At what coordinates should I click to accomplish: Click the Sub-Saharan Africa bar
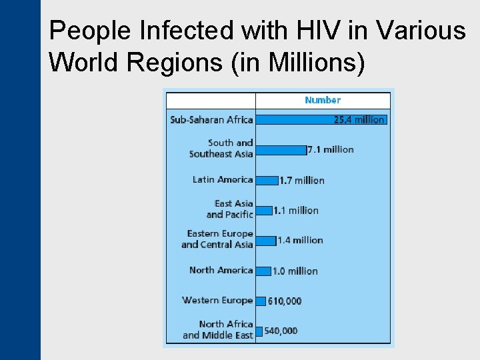293,119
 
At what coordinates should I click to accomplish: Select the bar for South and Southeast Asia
281,149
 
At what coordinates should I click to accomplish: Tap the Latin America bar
267,180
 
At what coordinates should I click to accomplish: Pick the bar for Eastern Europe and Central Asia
265,240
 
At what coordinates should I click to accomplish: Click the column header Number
323,100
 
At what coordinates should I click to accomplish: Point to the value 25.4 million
359,119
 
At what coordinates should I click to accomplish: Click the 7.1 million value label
331,149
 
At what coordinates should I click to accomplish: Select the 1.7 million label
302,180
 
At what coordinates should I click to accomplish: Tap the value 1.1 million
296,210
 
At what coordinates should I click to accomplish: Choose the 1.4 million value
300,240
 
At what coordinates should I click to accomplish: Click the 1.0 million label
295,271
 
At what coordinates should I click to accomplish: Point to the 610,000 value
285,301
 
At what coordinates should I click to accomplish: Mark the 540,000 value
281,331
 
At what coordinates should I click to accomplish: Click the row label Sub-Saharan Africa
211,119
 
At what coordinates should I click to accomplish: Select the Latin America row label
223,179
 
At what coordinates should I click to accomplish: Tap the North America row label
221,270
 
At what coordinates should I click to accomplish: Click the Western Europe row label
217,300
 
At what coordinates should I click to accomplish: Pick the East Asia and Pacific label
229,209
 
